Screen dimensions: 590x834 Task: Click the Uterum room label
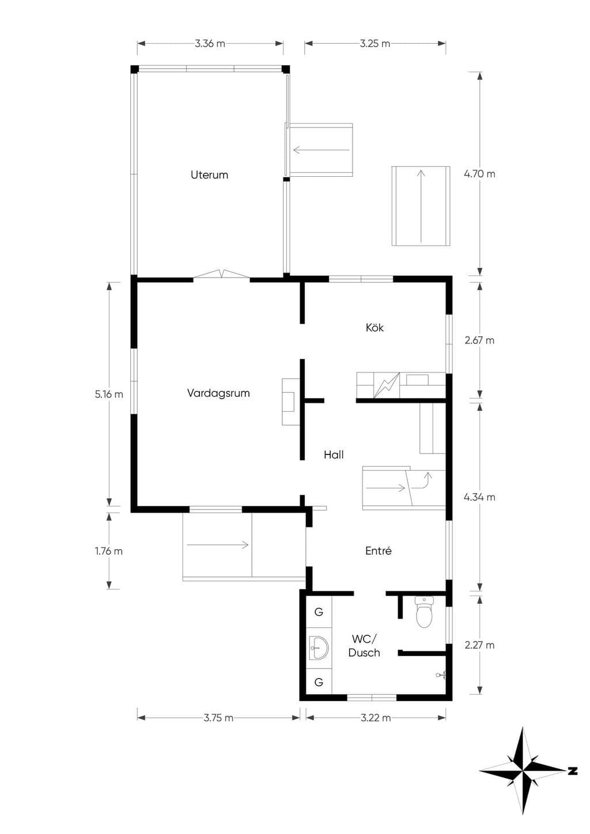tap(209, 175)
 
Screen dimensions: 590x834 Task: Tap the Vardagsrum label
tap(218, 393)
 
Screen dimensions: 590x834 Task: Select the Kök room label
tap(375, 328)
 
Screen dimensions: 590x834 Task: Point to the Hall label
tap(334, 454)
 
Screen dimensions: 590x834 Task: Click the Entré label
tap(379, 551)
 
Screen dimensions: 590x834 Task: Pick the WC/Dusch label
tap(364, 646)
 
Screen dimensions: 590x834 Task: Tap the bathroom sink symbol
tap(319, 648)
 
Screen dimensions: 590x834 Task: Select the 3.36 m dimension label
tap(210, 44)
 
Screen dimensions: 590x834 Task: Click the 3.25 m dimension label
tap(375, 44)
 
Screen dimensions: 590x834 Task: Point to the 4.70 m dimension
tap(480, 174)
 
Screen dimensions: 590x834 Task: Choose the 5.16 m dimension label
tap(109, 394)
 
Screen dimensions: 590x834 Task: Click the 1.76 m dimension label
tap(109, 551)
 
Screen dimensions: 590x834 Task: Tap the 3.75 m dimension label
tap(218, 718)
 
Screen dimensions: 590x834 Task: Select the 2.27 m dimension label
tap(480, 645)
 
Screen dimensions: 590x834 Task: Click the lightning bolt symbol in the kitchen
tap(387, 385)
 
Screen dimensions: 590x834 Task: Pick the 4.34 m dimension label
tap(480, 497)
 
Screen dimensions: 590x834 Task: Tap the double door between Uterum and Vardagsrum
tap(221, 274)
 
